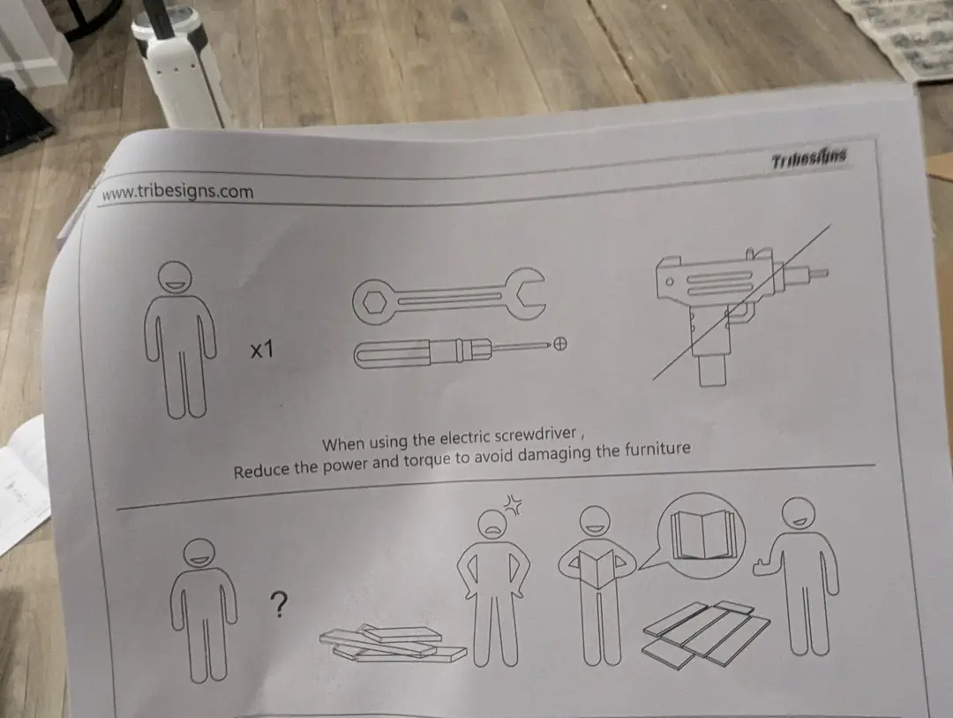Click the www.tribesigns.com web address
pos(178,192)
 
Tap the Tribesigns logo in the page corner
pos(809,160)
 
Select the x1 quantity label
pos(262,350)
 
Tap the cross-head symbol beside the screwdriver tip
pos(560,344)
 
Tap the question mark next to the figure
pos(278,604)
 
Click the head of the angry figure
pos(493,525)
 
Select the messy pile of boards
pos(393,643)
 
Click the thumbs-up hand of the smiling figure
pos(762,565)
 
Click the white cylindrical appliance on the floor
pos(176,67)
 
